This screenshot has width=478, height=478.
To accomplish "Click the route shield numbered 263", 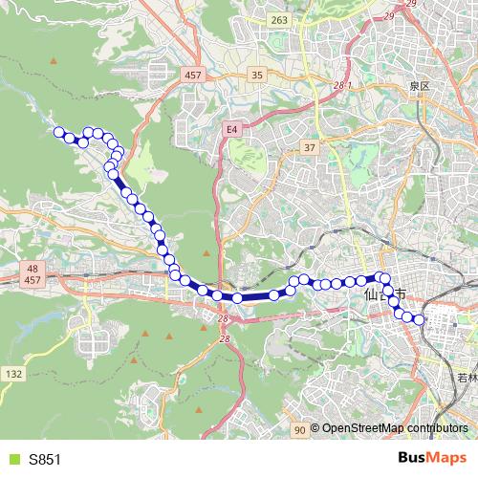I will (x=278, y=20).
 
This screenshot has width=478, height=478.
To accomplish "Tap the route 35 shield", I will (x=257, y=75).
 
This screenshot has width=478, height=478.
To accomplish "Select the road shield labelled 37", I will (x=309, y=147).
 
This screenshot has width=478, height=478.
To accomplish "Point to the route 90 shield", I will (x=299, y=431).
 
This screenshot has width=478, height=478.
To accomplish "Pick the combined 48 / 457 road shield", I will (x=32, y=275).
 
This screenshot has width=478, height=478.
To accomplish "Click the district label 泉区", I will (x=421, y=86).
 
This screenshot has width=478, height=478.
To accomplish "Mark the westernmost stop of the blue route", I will (x=59, y=133).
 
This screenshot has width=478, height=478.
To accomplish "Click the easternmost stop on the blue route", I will (x=418, y=320).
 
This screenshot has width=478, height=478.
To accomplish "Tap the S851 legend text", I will (x=45, y=460).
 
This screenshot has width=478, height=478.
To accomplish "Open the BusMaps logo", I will (x=431, y=459).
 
